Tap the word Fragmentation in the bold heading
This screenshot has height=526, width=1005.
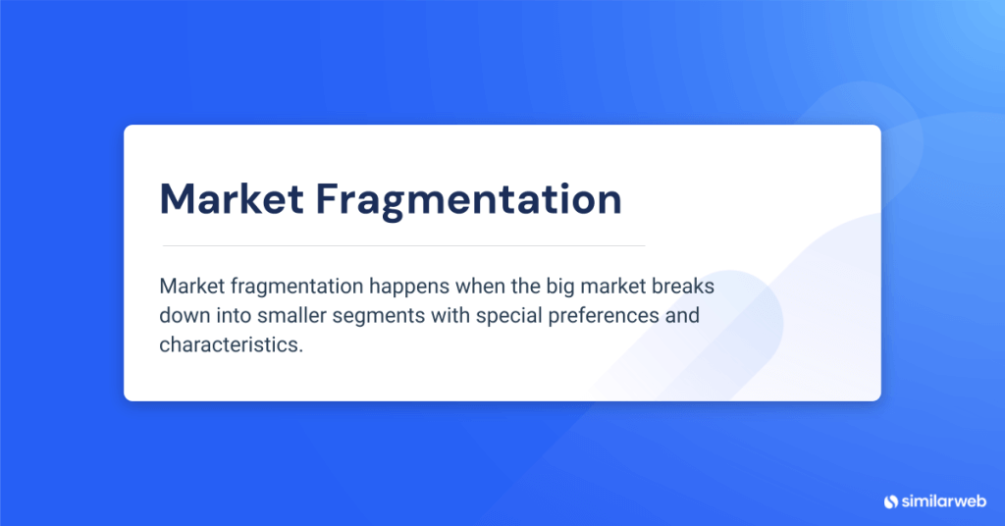(468, 199)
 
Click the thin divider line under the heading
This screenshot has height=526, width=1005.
(402, 244)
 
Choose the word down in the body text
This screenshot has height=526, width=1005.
(182, 316)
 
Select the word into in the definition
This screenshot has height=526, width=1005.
(230, 316)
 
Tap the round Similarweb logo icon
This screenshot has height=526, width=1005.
(891, 500)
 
